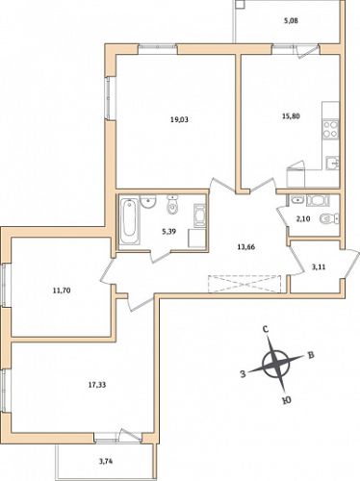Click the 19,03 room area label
coord(179,120)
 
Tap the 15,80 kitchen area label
coord(291,116)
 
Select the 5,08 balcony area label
coord(291,21)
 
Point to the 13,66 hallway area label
coord(246,247)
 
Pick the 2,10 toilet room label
coord(302,219)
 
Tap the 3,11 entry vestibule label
coord(319,266)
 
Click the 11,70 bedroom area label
coord(62,291)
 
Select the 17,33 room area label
coord(97,385)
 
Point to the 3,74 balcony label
coord(106,462)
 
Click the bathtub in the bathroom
coord(130,221)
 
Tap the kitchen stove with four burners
coord(331,129)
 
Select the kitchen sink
coord(332,163)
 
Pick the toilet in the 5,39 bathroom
coord(172,206)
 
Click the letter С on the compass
coord(266,329)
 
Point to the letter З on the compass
coord(244,374)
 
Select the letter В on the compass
coord(311,355)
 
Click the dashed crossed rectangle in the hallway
coord(244,284)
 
